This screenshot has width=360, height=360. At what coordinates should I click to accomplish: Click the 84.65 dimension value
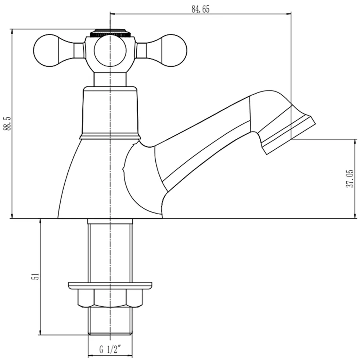[x=201, y=9]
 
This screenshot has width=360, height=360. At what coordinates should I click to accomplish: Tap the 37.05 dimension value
[x=350, y=179]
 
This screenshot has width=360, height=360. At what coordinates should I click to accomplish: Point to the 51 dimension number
[x=35, y=276]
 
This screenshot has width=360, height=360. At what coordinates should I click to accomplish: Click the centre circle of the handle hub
[x=110, y=51]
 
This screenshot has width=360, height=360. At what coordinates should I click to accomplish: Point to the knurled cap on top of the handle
[x=110, y=33]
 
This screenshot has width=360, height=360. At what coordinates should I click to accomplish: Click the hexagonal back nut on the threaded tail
[x=110, y=298]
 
